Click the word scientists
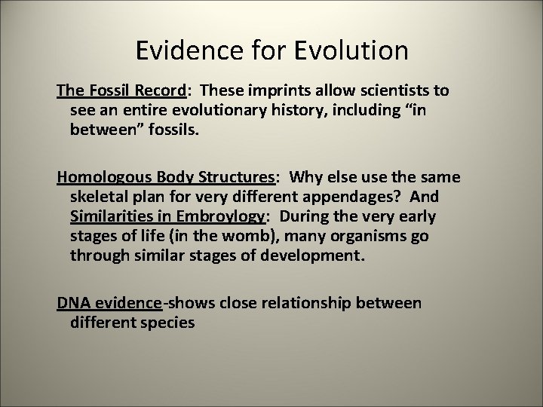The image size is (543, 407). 391,90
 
